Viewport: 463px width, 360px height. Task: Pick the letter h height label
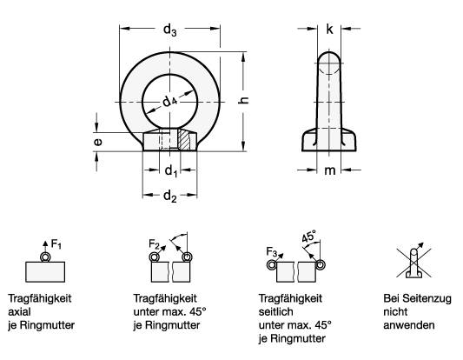(244, 101)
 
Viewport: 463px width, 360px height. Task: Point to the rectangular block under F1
(47, 272)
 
